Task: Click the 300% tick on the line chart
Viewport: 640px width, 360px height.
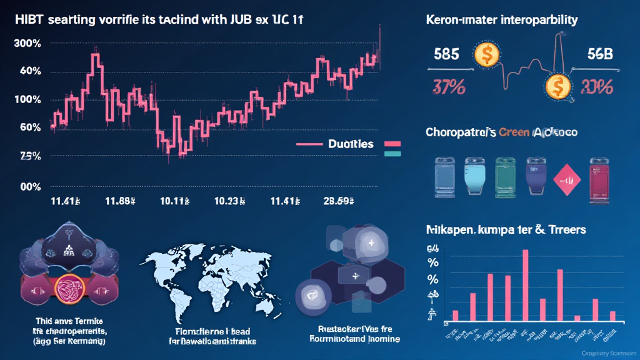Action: click(x=27, y=44)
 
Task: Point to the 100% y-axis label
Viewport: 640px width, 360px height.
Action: click(x=27, y=100)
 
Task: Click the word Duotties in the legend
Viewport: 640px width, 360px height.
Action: click(x=351, y=144)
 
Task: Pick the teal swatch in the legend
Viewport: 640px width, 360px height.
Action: click(x=392, y=153)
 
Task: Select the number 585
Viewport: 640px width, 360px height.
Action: click(x=446, y=55)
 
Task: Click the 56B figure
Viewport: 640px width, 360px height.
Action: click(x=601, y=55)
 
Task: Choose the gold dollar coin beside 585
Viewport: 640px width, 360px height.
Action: click(x=485, y=55)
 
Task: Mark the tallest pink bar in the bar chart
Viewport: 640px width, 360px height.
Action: click(x=525, y=285)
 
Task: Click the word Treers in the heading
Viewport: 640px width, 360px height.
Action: click(x=565, y=229)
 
